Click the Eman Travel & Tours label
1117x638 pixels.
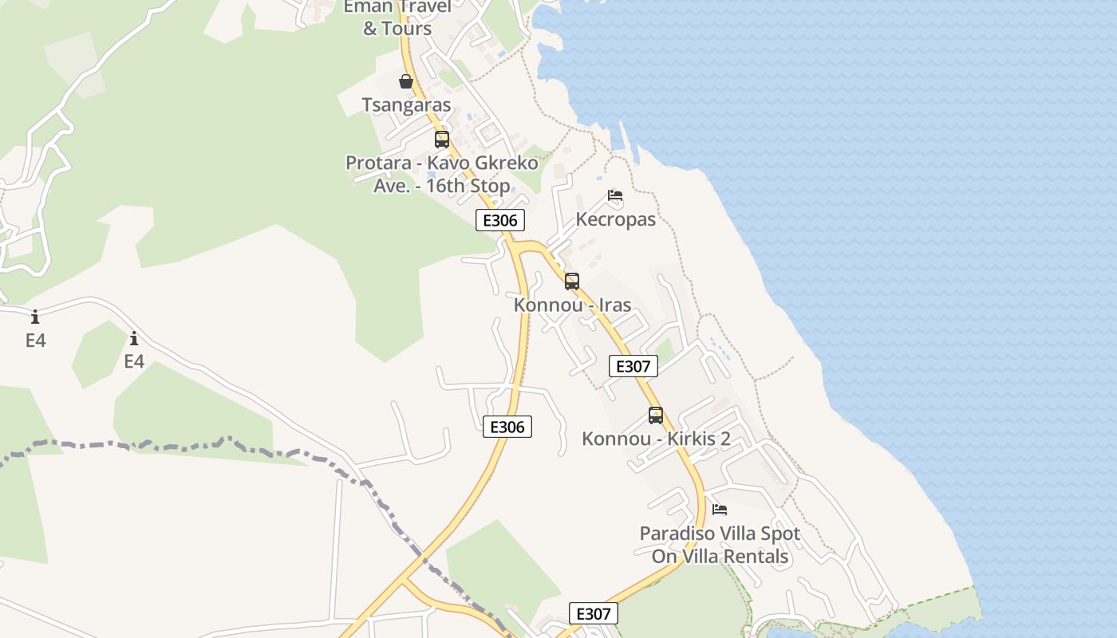[397, 18]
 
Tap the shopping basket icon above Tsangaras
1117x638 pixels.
[406, 81]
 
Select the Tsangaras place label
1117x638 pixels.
[406, 104]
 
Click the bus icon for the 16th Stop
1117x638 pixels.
[442, 140]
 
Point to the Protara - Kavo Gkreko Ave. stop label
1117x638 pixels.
[441, 174]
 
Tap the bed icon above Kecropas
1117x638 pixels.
[614, 195]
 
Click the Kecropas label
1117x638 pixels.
[615, 219]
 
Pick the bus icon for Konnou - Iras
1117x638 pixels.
[572, 281]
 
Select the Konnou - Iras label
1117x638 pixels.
[572, 305]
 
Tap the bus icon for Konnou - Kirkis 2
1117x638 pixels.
[656, 415]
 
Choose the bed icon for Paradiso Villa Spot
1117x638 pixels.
[720, 509]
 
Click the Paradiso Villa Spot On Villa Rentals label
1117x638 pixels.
[720, 544]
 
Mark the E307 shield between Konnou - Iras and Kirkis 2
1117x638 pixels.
[633, 366]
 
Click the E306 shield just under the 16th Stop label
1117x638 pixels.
[500, 220]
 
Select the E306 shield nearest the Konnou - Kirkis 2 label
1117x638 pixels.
[507, 427]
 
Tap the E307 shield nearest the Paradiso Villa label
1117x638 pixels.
[593, 613]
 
